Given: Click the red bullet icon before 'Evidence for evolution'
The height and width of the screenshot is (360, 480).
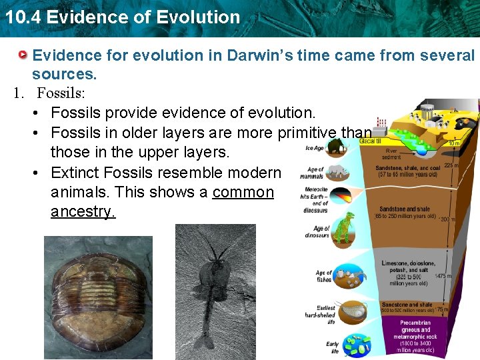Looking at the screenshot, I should (x=23, y=55).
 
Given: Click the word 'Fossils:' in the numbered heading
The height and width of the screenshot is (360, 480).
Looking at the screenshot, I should (x=61, y=93).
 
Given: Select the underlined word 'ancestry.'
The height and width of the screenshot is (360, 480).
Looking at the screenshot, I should (x=83, y=211).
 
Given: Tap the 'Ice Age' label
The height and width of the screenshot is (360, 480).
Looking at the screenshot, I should (x=314, y=148).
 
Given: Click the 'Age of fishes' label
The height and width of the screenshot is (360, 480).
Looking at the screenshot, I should (x=323, y=276).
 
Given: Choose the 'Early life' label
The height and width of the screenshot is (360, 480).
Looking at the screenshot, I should (x=332, y=347).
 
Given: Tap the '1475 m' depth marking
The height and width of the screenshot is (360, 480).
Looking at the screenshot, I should (x=443, y=276).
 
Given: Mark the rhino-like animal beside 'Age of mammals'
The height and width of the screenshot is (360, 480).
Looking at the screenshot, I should (x=339, y=172).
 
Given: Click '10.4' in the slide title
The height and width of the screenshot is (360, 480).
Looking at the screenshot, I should (x=21, y=17).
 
